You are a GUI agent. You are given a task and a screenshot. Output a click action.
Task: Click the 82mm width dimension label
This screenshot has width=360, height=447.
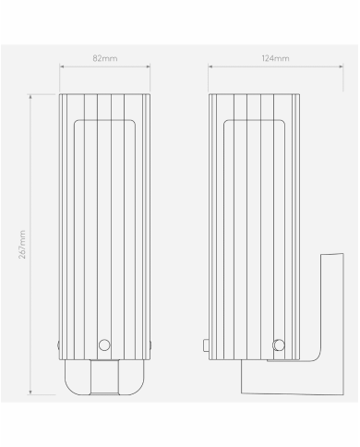click(105, 58)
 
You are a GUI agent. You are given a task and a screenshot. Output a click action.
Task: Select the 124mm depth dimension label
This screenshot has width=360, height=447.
click(275, 58)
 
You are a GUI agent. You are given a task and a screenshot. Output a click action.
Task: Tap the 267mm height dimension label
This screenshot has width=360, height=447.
click(23, 244)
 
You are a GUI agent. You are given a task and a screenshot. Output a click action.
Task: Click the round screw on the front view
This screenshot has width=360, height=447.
click(105, 345)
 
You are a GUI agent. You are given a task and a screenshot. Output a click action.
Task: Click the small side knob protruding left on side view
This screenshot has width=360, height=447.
click(205, 346)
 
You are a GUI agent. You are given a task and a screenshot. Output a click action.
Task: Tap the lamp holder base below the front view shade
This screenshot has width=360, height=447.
click(105, 379)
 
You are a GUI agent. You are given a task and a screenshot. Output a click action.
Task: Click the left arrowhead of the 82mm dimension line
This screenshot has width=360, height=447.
click(62, 66)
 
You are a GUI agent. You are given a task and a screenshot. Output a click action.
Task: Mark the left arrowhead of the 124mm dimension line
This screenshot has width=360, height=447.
click(210, 66)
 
